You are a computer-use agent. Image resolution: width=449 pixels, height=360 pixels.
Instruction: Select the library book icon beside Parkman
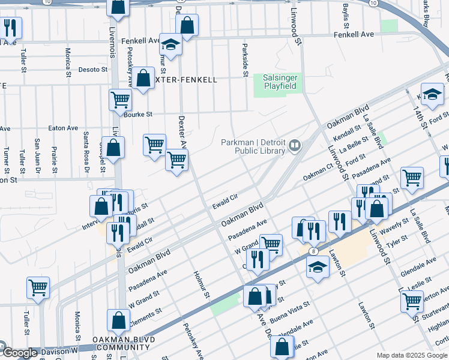(295, 145)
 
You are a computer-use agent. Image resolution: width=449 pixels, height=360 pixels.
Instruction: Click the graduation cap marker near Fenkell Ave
(170, 44)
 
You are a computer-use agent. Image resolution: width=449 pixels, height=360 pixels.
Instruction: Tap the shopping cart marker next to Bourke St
(121, 99)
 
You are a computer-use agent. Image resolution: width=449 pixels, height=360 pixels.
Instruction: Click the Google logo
(19, 353)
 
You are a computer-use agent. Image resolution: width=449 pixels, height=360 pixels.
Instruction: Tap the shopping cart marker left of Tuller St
(38, 287)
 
